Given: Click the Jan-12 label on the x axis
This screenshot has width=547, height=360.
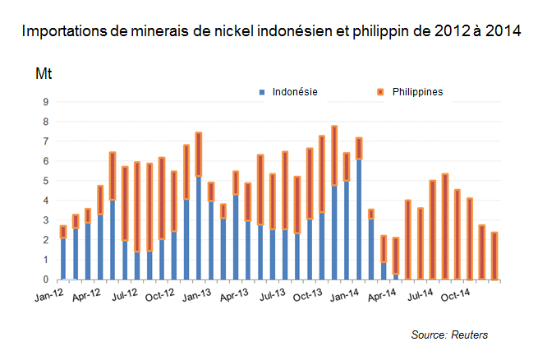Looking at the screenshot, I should point(51,293).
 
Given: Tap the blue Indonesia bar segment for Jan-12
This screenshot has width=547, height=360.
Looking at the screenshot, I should point(63,259).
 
